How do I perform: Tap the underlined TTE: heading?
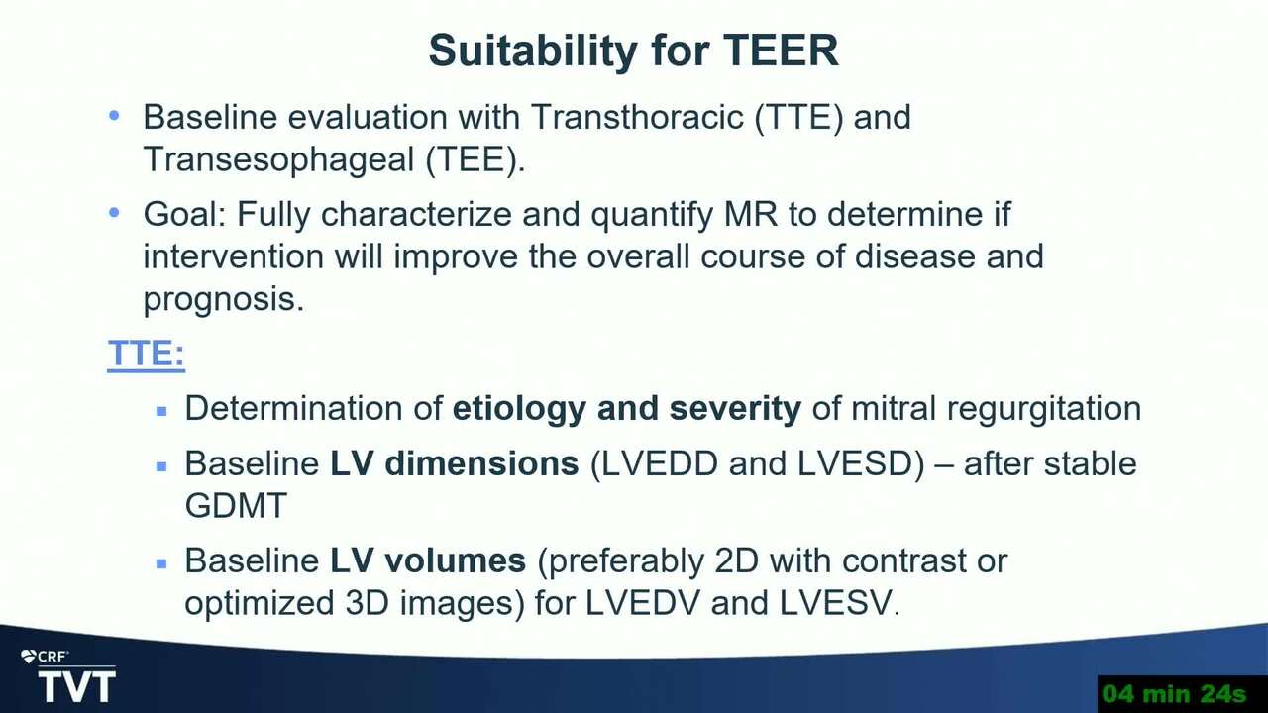tap(146, 354)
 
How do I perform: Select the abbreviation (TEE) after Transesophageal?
tap(475, 159)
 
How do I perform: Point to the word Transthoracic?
tap(637, 117)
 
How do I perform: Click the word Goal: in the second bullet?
tap(185, 214)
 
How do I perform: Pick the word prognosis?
tap(224, 299)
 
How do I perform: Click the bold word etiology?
tap(519, 409)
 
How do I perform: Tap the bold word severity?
tap(735, 409)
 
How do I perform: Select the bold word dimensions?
tap(481, 463)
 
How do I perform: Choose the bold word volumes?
tap(455, 560)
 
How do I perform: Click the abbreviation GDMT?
tap(236, 505)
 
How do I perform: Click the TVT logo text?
tap(77, 686)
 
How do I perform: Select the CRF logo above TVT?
tap(45, 657)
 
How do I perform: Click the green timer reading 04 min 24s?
tap(1175, 694)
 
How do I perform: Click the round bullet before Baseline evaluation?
tap(114, 116)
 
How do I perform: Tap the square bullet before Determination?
tap(161, 411)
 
